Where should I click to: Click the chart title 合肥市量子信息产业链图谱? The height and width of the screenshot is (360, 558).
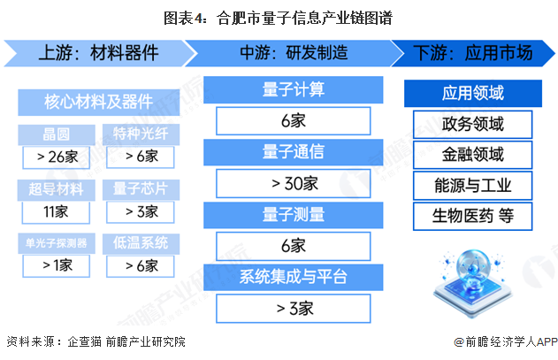(x=279, y=16)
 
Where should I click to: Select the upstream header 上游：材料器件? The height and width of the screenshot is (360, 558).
(x=98, y=53)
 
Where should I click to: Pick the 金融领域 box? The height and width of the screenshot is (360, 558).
(x=473, y=154)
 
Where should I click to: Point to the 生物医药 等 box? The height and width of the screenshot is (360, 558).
(x=473, y=216)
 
